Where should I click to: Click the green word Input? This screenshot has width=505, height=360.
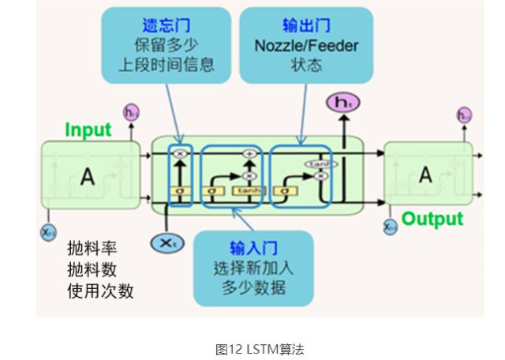(x=88, y=129)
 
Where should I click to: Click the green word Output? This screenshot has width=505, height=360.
(x=432, y=219)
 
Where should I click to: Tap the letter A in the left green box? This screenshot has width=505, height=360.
(x=88, y=178)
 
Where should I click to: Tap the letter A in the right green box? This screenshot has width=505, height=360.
(x=425, y=175)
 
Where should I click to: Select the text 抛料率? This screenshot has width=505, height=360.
(x=89, y=249)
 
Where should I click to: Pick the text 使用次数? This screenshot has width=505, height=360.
(x=100, y=290)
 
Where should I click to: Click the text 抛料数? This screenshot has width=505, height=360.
(x=89, y=269)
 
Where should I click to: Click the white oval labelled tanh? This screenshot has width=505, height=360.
(x=315, y=163)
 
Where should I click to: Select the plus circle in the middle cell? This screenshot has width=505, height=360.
(x=250, y=154)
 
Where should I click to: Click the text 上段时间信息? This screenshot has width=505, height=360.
(x=166, y=65)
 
